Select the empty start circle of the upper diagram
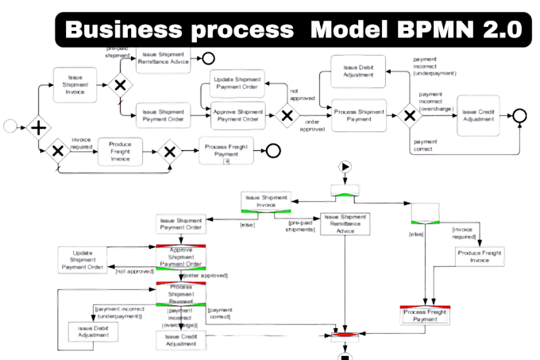click(x=10, y=126)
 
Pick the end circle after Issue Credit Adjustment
click(x=520, y=116)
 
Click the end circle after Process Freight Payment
click(x=272, y=152)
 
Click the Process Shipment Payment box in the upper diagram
click(x=358, y=116)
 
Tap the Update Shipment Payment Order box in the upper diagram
click(x=237, y=83)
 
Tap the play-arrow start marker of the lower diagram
click(x=345, y=167)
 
